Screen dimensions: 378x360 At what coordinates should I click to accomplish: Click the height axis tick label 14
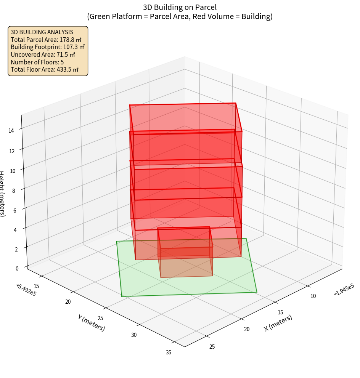pyautogui.click(x=12, y=130)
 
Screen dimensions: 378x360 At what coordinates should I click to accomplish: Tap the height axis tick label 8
pyautogui.click(x=14, y=190)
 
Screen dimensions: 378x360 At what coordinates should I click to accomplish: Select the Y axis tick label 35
pyautogui.click(x=169, y=352)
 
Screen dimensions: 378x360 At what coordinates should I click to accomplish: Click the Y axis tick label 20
pyautogui.click(x=68, y=302)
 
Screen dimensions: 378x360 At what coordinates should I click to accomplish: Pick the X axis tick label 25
pyautogui.click(x=212, y=346)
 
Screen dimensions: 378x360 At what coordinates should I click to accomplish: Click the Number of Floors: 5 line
pyautogui.click(x=37, y=62)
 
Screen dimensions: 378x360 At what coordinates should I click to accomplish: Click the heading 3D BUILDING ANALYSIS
pyautogui.click(x=42, y=32)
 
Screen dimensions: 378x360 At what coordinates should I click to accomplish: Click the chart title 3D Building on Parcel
pyautogui.click(x=180, y=7)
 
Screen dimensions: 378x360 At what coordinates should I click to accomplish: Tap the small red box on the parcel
pyautogui.click(x=185, y=251)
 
